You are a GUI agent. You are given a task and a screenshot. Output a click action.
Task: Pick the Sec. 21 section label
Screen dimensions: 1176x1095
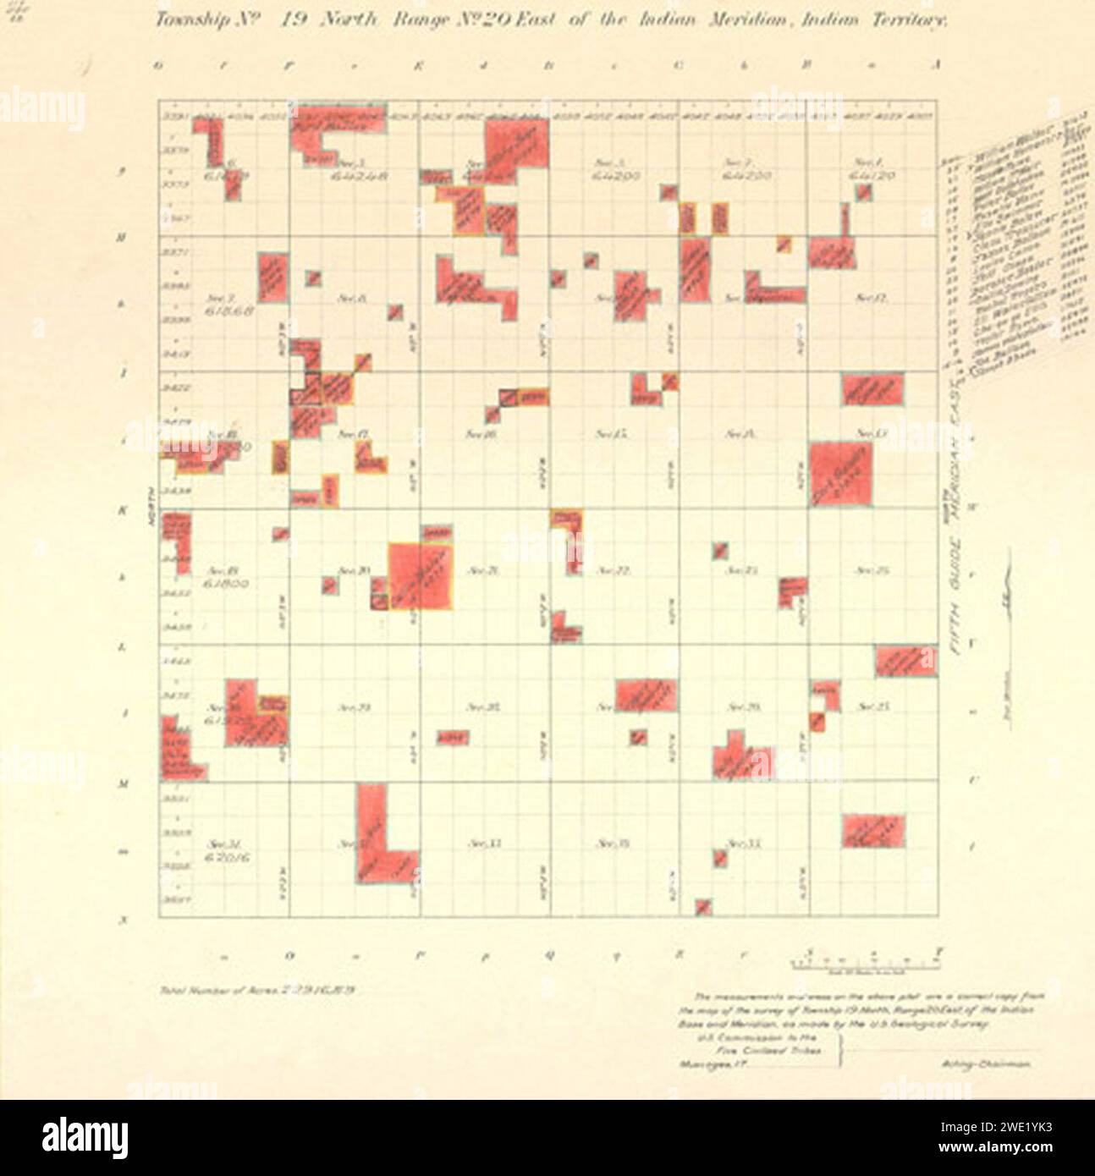481,571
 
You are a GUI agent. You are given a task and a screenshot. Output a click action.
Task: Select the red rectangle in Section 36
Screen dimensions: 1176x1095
873,831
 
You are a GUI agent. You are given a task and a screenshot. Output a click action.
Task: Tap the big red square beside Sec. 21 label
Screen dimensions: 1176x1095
421,575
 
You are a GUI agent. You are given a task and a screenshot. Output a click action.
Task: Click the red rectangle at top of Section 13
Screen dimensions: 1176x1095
872,389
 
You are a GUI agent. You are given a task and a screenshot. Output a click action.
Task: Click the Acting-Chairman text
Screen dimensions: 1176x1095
983,1066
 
